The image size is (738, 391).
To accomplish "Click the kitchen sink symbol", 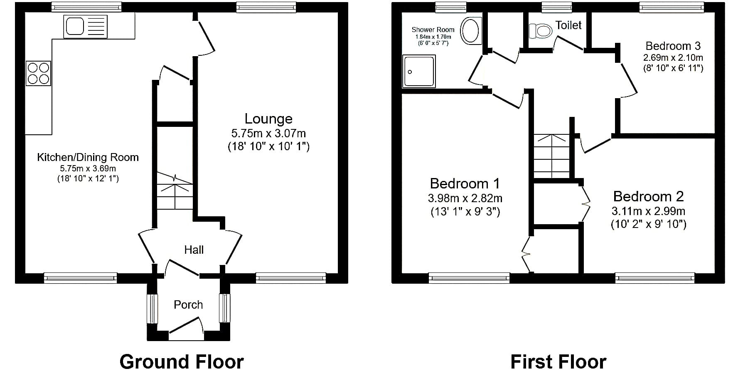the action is tap(86, 26).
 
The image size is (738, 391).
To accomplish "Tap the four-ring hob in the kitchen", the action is tap(38, 73).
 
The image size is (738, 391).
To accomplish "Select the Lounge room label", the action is tap(268, 119).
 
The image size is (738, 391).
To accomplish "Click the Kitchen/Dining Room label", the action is tap(88, 157).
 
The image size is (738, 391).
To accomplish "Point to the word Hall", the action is tap(194, 250).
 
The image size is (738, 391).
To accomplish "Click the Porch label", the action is tap(188, 304).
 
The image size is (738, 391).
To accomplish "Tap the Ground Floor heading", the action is tap(182, 362).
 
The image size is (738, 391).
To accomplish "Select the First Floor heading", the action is tap(558, 362).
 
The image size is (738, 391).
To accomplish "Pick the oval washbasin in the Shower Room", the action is tap(470, 30).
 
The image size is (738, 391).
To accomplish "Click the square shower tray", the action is tap(419, 71).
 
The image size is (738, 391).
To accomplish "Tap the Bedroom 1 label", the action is tap(465, 183).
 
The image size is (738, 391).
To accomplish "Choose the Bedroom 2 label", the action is tap(648, 196).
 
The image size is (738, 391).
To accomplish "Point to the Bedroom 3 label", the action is tap(673, 46).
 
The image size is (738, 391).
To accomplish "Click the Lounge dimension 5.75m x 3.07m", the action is tap(268, 134).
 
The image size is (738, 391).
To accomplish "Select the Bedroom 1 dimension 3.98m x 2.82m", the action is tap(465, 198).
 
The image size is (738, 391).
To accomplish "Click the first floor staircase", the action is tap(551, 156).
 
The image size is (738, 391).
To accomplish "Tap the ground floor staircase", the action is tap(175, 191).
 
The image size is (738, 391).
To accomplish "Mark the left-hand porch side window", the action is tap(153, 308).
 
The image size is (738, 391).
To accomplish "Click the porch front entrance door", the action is tap(186, 328).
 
